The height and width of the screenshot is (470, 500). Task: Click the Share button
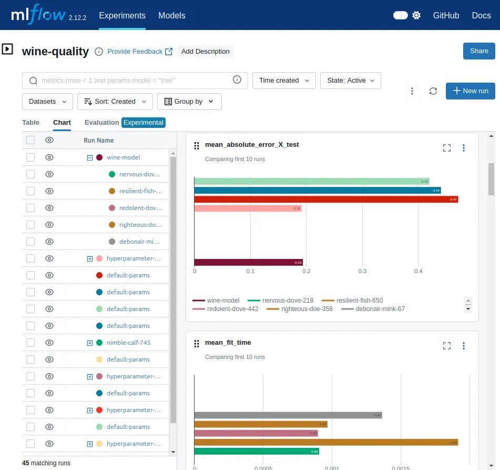(479, 51)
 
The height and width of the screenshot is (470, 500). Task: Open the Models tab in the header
(171, 15)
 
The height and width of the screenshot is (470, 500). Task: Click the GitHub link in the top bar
(446, 15)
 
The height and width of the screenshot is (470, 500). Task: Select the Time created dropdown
(284, 81)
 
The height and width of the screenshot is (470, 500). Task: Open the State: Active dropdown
(350, 81)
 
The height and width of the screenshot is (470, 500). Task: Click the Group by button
(189, 102)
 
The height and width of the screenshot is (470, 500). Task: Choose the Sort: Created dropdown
(115, 102)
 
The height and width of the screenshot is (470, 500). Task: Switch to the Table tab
(30, 122)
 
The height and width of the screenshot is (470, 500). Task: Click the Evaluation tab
(101, 122)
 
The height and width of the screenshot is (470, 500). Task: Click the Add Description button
(205, 52)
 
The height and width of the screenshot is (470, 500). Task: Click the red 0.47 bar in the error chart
(326, 199)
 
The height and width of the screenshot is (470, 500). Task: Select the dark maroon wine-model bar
(248, 262)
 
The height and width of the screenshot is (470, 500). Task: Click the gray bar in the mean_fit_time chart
(288, 415)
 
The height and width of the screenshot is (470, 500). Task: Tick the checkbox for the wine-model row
(30, 157)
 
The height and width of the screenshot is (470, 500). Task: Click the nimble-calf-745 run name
(128, 343)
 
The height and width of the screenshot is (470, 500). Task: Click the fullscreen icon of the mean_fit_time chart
(447, 346)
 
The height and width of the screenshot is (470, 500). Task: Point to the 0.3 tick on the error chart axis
(362, 272)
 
